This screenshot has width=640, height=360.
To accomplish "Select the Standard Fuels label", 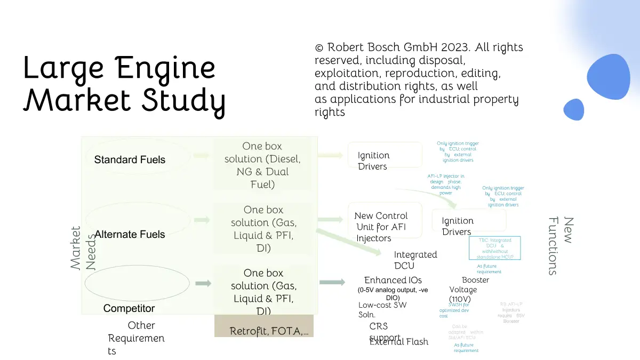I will pyautogui.click(x=130, y=159).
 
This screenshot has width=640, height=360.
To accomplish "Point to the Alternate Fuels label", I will pyautogui.click(x=130, y=234).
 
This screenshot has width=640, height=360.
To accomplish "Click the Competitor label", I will pyautogui.click(x=129, y=308).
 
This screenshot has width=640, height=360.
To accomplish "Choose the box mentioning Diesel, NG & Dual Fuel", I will pyautogui.click(x=262, y=165).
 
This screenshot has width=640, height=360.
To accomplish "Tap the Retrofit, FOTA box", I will pyautogui.click(x=264, y=331).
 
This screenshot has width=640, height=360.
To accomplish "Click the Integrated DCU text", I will pyautogui.click(x=415, y=260).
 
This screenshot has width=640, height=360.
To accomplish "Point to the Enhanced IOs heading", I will pyautogui.click(x=393, y=280).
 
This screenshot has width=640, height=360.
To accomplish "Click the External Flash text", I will pyautogui.click(x=399, y=342).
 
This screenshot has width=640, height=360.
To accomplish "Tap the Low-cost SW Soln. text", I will pyautogui.click(x=382, y=310).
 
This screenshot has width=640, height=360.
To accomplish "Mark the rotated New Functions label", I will pyautogui.click(x=561, y=245).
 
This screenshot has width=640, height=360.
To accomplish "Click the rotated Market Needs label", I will pyautogui.click(x=83, y=247).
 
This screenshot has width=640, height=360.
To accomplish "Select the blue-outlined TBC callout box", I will pyautogui.click(x=495, y=249).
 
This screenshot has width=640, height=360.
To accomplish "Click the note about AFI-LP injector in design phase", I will pyautogui.click(x=446, y=184).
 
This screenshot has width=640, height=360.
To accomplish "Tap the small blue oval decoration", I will pyautogui.click(x=574, y=109).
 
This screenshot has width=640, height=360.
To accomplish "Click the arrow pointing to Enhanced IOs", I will pyautogui.click(x=332, y=282).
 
